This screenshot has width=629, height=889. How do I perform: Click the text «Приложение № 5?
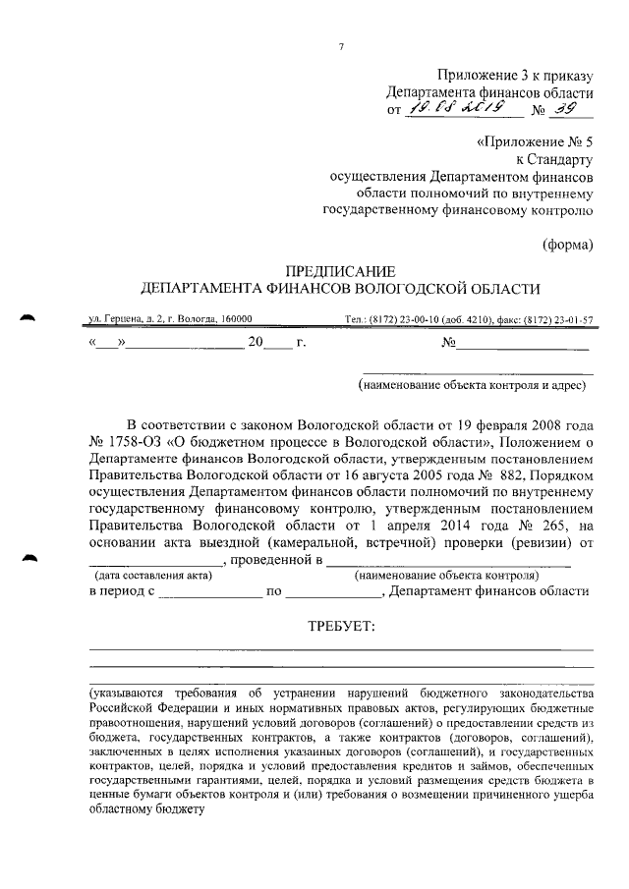point(535,140)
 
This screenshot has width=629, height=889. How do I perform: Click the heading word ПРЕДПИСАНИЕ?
point(340,270)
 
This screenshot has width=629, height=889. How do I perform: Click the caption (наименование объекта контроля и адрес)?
point(474,385)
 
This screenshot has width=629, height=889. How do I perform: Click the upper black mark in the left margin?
point(28,318)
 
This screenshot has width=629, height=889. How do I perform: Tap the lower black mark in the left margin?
point(28,558)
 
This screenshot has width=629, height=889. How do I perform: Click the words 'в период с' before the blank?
point(122,591)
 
